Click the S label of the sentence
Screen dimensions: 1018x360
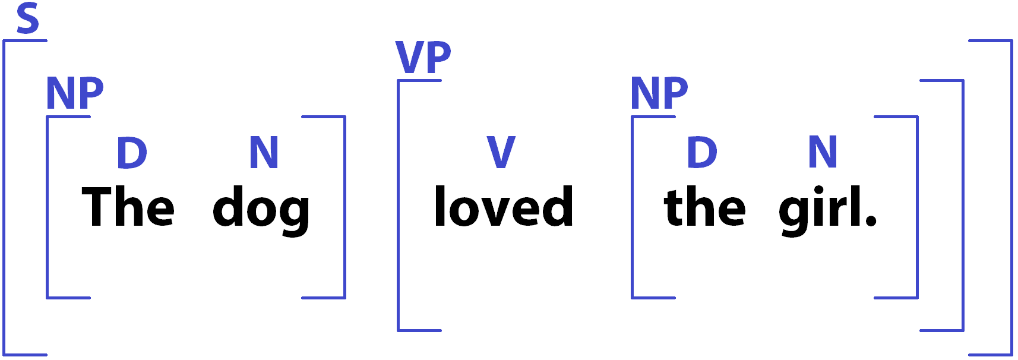[x=28, y=18]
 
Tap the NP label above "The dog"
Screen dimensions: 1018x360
[x=75, y=93]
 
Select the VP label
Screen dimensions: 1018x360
[x=423, y=58]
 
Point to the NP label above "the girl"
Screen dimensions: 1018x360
[x=659, y=93]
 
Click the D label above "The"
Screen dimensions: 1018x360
[x=132, y=153]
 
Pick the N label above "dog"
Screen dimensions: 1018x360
[x=264, y=153]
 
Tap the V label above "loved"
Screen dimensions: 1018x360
[x=501, y=153]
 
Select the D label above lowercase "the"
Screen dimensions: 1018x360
[x=702, y=153]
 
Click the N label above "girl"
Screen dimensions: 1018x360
[x=823, y=153]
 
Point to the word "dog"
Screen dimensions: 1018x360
[x=261, y=210]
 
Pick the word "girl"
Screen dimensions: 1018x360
[x=820, y=210]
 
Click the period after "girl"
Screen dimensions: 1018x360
[x=871, y=222]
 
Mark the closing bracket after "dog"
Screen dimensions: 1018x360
[x=344, y=207]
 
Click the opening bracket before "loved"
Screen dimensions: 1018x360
[x=399, y=205]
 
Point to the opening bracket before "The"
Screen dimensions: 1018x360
[x=48, y=207]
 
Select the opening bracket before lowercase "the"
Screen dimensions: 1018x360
[x=633, y=207]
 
